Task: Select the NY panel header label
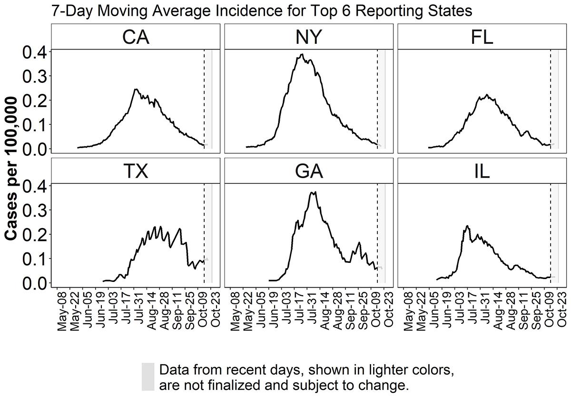(x=309, y=37)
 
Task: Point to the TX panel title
(x=136, y=171)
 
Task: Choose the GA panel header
(x=309, y=171)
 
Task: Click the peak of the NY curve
(x=303, y=55)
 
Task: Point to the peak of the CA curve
(x=136, y=90)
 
